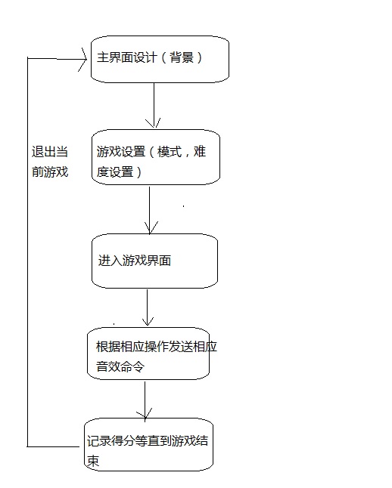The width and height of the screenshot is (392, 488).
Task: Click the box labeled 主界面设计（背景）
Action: point(160,59)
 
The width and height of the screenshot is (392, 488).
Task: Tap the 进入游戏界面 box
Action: point(154,261)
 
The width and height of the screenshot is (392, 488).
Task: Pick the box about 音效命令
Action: point(148,354)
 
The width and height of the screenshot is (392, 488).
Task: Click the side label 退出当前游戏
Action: point(50,161)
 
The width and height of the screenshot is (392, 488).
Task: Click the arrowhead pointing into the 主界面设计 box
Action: point(84,57)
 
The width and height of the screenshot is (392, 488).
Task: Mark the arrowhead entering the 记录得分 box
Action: point(144,413)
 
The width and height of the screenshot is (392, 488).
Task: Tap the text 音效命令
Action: point(120,366)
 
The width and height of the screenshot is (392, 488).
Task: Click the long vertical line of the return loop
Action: point(28,249)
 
